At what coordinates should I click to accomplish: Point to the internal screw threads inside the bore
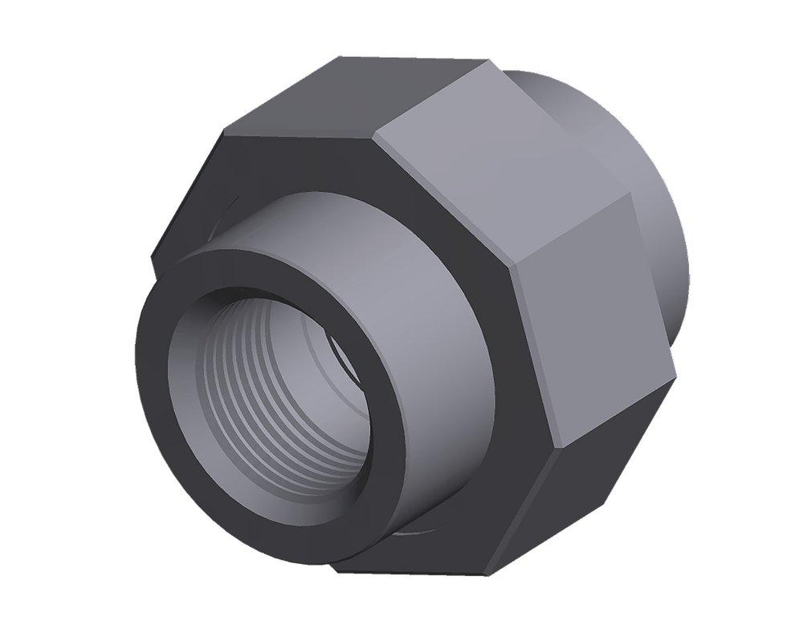tap(241, 378)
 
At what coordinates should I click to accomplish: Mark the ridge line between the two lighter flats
tap(570, 233)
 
